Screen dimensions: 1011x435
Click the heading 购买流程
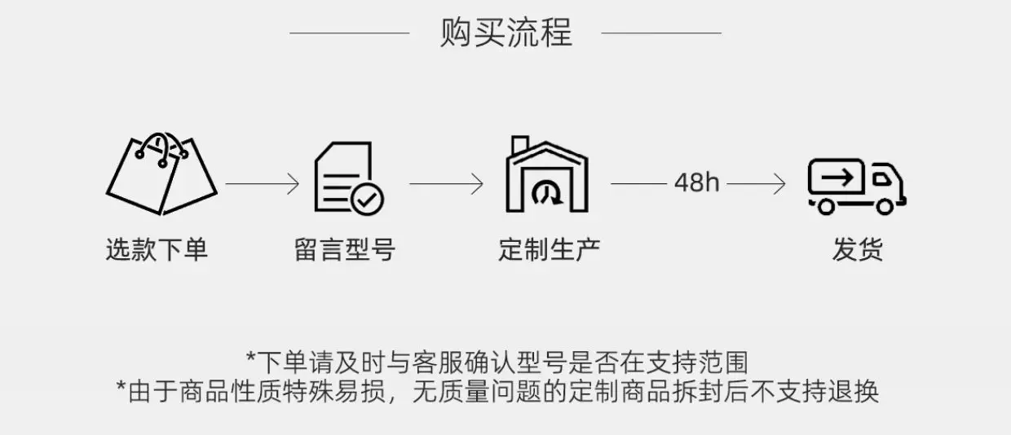(505, 33)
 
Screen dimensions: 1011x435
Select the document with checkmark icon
(348, 178)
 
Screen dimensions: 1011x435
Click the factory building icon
(546, 175)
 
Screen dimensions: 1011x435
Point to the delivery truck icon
(856, 186)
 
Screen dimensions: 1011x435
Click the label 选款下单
(157, 249)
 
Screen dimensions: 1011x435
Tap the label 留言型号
(345, 249)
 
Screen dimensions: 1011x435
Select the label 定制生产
(550, 249)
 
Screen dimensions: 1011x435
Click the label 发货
(857, 249)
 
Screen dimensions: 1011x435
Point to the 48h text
(697, 183)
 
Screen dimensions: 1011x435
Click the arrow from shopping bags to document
(263, 184)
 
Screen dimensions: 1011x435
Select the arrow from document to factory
(446, 184)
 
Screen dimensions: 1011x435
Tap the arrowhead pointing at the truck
(780, 184)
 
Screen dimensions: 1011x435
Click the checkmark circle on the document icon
(367, 197)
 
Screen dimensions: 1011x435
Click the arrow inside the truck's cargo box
(836, 175)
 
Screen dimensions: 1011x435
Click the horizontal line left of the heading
(350, 33)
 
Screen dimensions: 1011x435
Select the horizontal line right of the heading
(661, 33)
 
